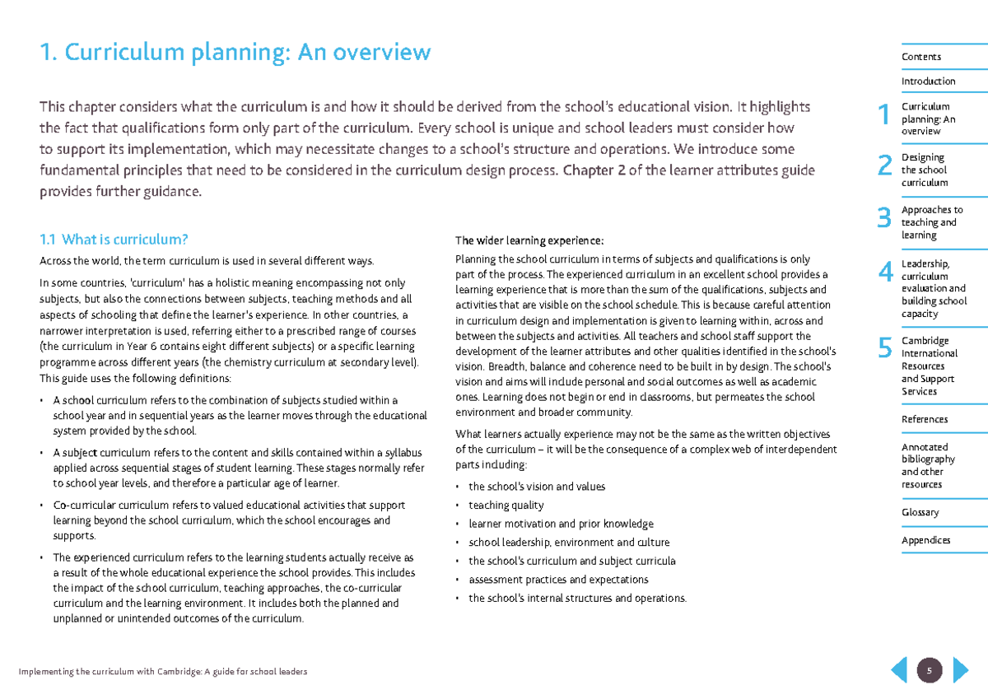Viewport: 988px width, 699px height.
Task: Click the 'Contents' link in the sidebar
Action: coord(920,57)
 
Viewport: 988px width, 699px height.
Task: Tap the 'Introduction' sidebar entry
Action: coord(928,82)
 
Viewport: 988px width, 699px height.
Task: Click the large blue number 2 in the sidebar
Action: coord(884,167)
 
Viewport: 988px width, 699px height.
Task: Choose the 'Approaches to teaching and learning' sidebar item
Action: coord(931,222)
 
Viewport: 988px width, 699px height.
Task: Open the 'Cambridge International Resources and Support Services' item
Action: coord(929,366)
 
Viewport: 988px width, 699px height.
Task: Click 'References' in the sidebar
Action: coord(924,419)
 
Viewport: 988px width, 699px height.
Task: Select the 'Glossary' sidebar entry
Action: coord(920,512)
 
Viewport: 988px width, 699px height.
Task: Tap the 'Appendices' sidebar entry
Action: coord(925,540)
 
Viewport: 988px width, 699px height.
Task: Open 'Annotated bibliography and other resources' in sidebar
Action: coord(928,465)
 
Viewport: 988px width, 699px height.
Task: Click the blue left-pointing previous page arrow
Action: coord(899,670)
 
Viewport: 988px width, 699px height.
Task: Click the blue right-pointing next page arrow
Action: coord(960,670)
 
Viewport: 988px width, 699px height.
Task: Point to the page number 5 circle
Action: coord(930,670)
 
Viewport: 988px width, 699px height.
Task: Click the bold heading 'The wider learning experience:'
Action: coord(529,240)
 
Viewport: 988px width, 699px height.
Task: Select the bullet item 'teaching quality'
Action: coord(506,506)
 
